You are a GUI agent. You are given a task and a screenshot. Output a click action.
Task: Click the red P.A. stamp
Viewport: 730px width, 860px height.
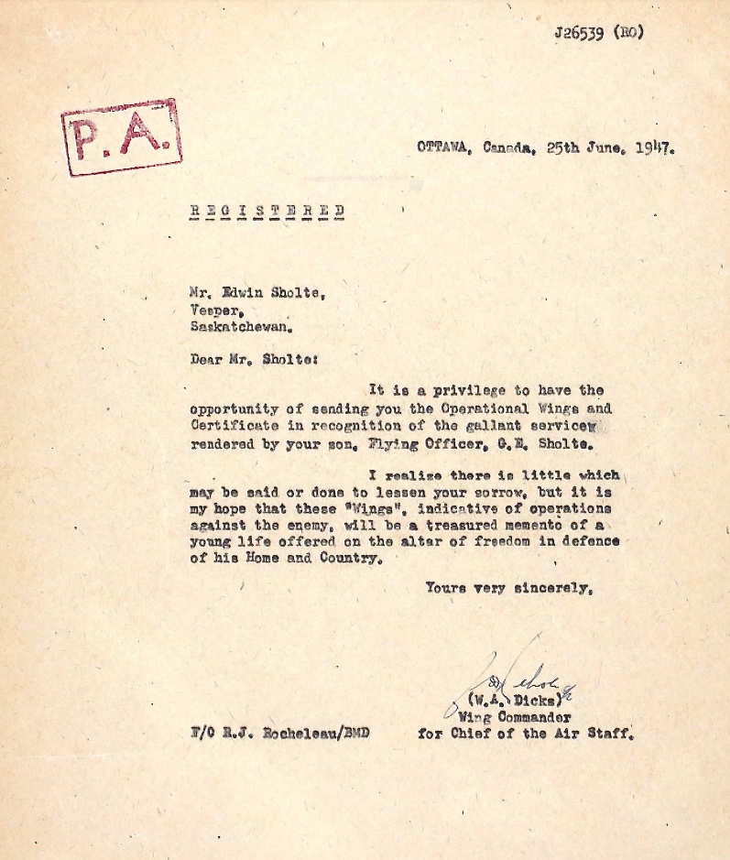121,136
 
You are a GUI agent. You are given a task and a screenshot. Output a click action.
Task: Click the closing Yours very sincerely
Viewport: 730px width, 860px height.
508,588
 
